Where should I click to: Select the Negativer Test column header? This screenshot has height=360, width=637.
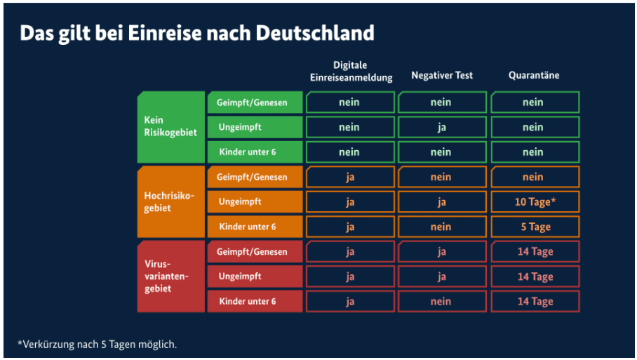442,76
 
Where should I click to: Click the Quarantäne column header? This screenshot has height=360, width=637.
534,76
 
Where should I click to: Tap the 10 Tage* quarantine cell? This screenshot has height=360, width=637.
535,202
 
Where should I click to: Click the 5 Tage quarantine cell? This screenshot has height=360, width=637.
535,227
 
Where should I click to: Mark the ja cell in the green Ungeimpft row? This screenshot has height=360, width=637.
442,127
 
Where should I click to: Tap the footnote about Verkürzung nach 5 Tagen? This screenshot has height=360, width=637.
98,344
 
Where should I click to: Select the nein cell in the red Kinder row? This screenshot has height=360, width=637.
442,302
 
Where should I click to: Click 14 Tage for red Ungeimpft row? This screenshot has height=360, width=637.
535,276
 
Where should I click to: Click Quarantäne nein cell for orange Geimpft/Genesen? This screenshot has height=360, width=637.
535,177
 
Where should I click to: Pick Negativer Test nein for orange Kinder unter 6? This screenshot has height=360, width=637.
442,227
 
